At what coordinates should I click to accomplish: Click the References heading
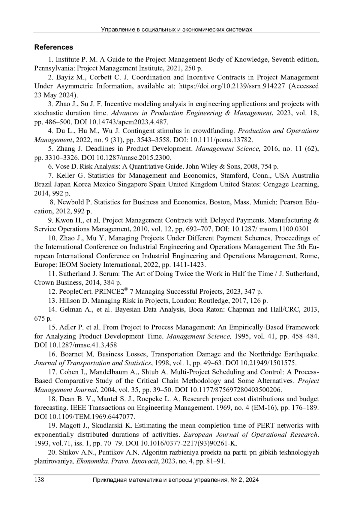pyautogui.click(x=54, y=47)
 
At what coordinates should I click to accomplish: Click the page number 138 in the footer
pyautogui.click(x=39, y=480)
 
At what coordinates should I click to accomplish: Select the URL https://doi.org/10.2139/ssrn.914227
pyautogui.click(x=232, y=86)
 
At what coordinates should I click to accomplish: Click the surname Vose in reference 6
pyautogui.click(x=62, y=167)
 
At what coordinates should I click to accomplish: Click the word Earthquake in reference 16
pyautogui.click(x=302, y=354)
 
